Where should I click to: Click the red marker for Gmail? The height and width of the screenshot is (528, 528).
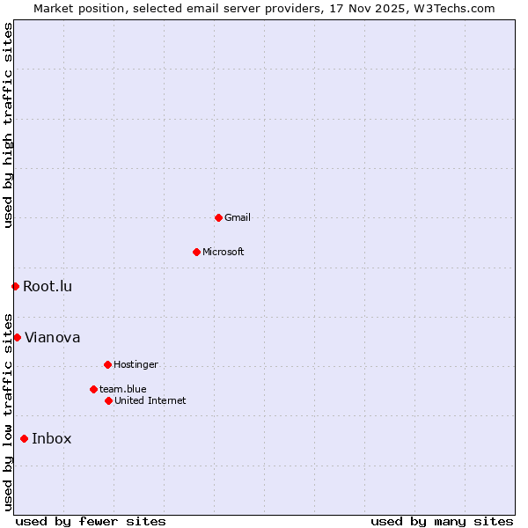click(218, 217)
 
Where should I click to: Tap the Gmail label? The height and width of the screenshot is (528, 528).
click(238, 217)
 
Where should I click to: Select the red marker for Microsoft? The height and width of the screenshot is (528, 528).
click(196, 252)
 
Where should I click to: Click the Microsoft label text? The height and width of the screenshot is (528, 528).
click(224, 252)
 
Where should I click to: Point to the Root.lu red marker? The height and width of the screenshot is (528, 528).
click(15, 286)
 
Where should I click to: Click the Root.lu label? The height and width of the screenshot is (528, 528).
click(48, 286)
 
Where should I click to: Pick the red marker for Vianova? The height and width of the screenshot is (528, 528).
click(17, 337)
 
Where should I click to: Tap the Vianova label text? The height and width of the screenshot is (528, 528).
click(53, 337)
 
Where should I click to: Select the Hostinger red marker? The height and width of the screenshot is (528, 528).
click(107, 364)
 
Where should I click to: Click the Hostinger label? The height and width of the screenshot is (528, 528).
click(136, 364)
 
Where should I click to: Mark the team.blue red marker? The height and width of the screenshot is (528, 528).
click(93, 389)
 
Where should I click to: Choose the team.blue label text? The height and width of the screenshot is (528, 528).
click(123, 389)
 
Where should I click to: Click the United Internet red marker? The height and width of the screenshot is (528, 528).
click(108, 400)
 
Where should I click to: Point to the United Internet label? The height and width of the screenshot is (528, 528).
click(150, 400)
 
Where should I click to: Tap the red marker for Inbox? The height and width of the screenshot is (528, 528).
click(24, 438)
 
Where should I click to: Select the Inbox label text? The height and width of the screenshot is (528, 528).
click(52, 438)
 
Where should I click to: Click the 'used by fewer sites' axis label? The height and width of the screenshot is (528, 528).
click(91, 521)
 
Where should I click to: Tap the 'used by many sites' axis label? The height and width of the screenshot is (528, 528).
click(442, 521)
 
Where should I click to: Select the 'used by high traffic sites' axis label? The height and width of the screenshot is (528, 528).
click(8, 125)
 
